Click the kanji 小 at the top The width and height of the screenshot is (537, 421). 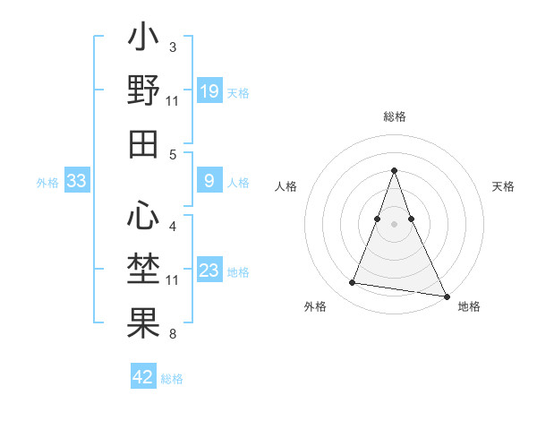point(143,41)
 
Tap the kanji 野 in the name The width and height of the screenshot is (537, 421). point(143,91)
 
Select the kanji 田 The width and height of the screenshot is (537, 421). point(143,143)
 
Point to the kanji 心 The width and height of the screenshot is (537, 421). point(143,216)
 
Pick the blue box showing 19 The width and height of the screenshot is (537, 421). point(209,91)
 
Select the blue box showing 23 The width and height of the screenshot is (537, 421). point(209,271)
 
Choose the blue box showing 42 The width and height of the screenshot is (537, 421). point(143,377)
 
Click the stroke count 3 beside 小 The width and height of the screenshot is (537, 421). point(172,46)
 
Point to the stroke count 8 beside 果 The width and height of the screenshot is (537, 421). point(172,334)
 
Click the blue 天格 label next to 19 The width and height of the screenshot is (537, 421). point(238,92)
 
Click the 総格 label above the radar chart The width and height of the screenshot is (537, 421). point(395,116)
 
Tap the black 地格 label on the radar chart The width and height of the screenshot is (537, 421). point(469,306)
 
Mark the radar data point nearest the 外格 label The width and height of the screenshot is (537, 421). point(353,283)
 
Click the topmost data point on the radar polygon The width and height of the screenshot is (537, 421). point(394,170)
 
